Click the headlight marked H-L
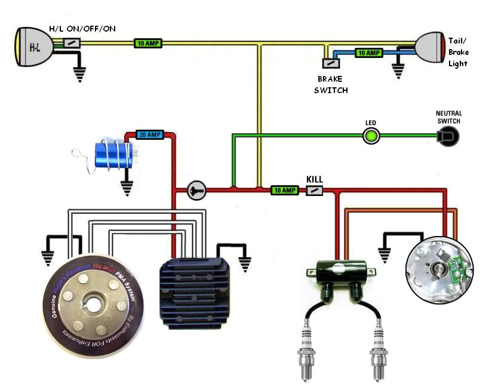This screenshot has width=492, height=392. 30,45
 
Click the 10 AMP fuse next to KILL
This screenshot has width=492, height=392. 284,191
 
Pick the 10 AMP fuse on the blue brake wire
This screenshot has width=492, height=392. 369,53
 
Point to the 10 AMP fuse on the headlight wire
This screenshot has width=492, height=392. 147,44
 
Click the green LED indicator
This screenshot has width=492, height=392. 371,136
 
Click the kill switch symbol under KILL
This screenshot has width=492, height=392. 315,191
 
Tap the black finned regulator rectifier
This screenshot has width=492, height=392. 187,289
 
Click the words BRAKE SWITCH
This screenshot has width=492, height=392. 333,84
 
